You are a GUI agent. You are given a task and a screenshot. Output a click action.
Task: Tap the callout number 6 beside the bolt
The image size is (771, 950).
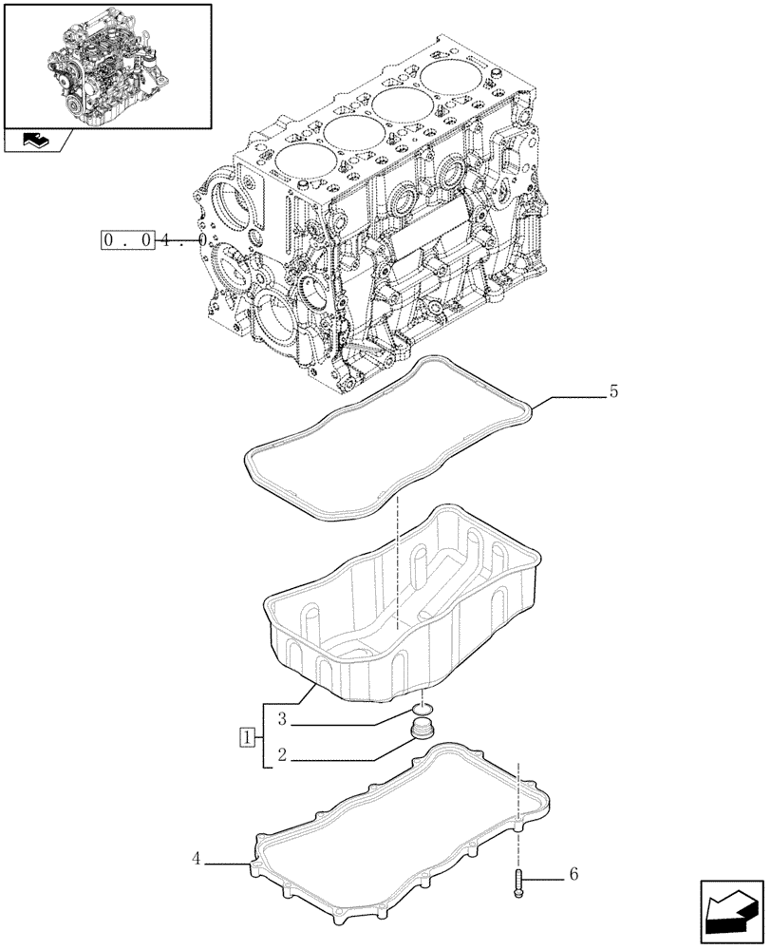click(573, 873)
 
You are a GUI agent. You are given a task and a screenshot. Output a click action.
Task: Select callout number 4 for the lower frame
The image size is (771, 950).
click(197, 858)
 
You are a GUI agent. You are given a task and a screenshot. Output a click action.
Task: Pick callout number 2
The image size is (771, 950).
click(283, 756)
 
